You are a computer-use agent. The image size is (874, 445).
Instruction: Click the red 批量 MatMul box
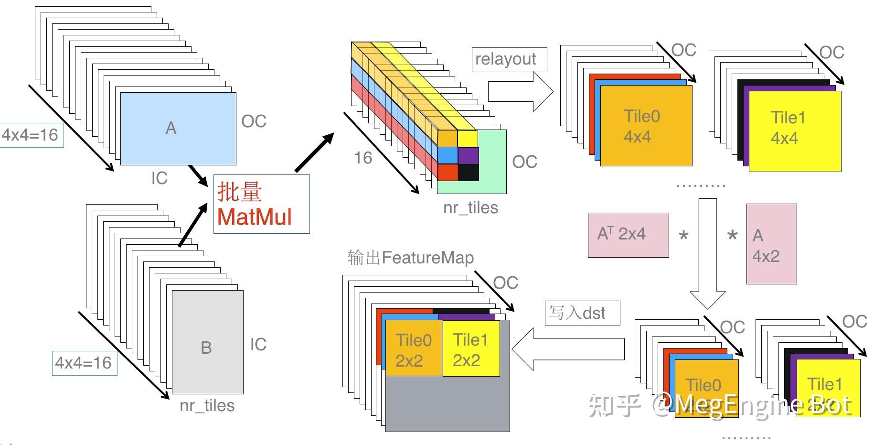pyautogui.click(x=261, y=204)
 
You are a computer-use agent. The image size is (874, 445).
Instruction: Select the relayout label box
pyautogui.click(x=509, y=60)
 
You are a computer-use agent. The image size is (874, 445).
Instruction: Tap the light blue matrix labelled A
pyautogui.click(x=178, y=129)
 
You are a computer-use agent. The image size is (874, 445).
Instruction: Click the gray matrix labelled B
pyautogui.click(x=207, y=342)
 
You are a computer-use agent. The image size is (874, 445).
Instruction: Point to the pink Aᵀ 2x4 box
pyautogui.click(x=628, y=235)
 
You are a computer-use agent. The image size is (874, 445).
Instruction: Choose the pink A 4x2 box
pyautogui.click(x=771, y=244)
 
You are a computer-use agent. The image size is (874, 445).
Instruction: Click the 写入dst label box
pyautogui.click(x=582, y=313)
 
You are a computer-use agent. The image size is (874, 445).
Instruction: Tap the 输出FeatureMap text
pyautogui.click(x=410, y=258)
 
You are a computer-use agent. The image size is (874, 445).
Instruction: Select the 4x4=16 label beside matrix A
pyautogui.click(x=31, y=135)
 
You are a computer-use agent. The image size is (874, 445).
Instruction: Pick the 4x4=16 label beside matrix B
pyautogui.click(x=84, y=363)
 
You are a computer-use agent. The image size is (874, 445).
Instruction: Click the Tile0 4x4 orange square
pyautogui.click(x=646, y=126)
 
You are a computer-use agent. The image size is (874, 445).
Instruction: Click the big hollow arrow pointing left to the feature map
pyautogui.click(x=568, y=348)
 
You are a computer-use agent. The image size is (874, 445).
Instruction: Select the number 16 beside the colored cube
pyautogui.click(x=363, y=158)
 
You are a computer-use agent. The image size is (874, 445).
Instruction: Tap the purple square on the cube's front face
pyautogui.click(x=468, y=155)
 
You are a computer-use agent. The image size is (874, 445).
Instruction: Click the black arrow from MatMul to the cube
pyautogui.click(x=314, y=152)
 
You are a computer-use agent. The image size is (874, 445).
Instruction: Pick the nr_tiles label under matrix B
pyautogui.click(x=207, y=405)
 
